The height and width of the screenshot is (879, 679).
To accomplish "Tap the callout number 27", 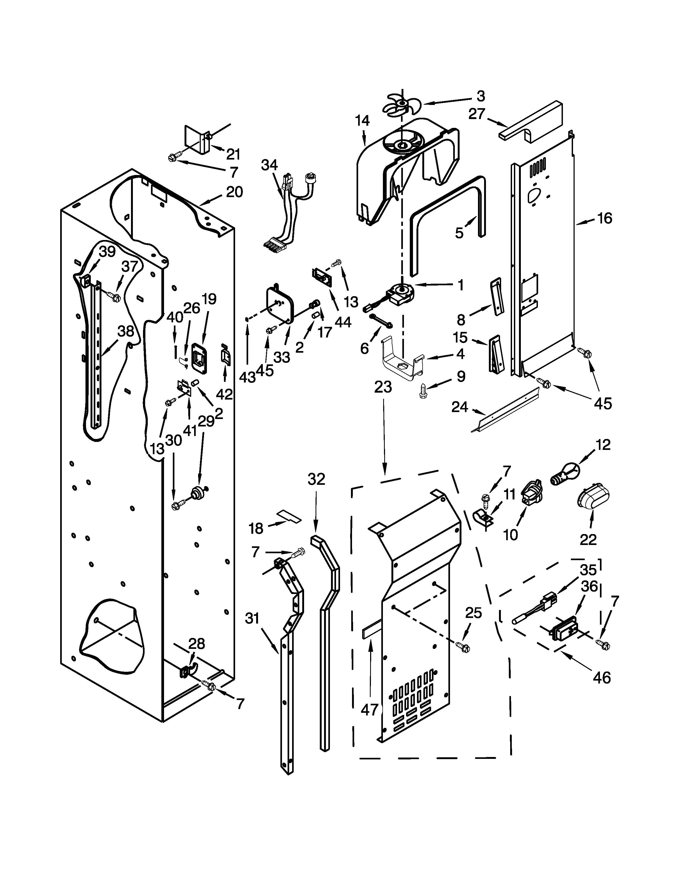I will coord(477,114).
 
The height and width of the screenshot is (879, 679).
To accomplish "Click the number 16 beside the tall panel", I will coord(604,218).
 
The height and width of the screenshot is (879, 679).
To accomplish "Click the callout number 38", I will coord(125,331).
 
